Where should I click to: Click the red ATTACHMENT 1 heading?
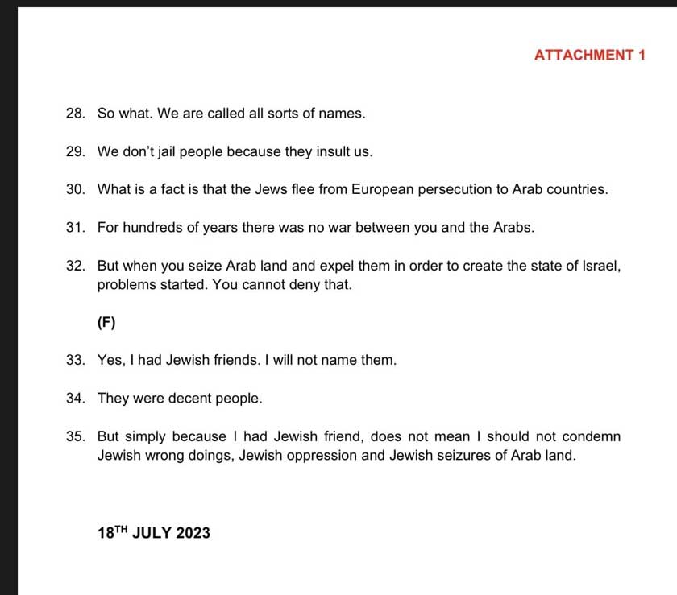[x=589, y=55]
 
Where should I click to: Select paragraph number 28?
[x=76, y=114]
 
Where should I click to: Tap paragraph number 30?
[x=76, y=190]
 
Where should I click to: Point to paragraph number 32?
[x=76, y=266]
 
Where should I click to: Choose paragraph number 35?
[x=76, y=436]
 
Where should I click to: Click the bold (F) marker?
[x=106, y=323]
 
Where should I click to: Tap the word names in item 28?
[x=345, y=114]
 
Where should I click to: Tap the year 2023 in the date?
[x=193, y=533]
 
